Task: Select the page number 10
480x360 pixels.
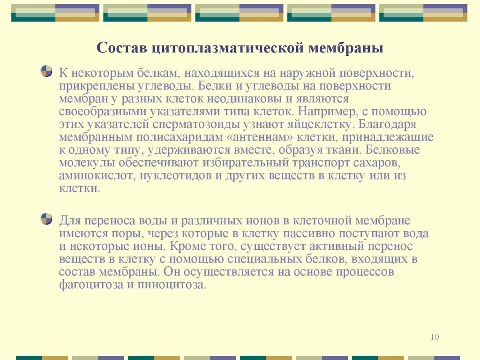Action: coord(434,337)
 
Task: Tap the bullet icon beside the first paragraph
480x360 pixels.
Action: coord(46,71)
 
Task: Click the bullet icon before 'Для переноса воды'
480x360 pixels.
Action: coord(46,218)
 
